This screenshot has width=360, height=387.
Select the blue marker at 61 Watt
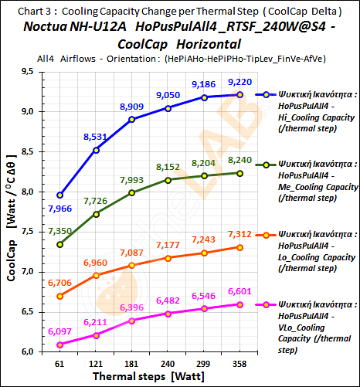click(60, 195)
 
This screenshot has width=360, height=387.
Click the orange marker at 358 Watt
click(240, 247)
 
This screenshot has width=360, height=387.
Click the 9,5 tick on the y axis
click(27, 72)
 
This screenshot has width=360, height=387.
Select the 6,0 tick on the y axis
click(27, 352)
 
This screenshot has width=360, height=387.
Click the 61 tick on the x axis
click(59, 363)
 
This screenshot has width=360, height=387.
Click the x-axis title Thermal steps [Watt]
click(149, 376)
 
